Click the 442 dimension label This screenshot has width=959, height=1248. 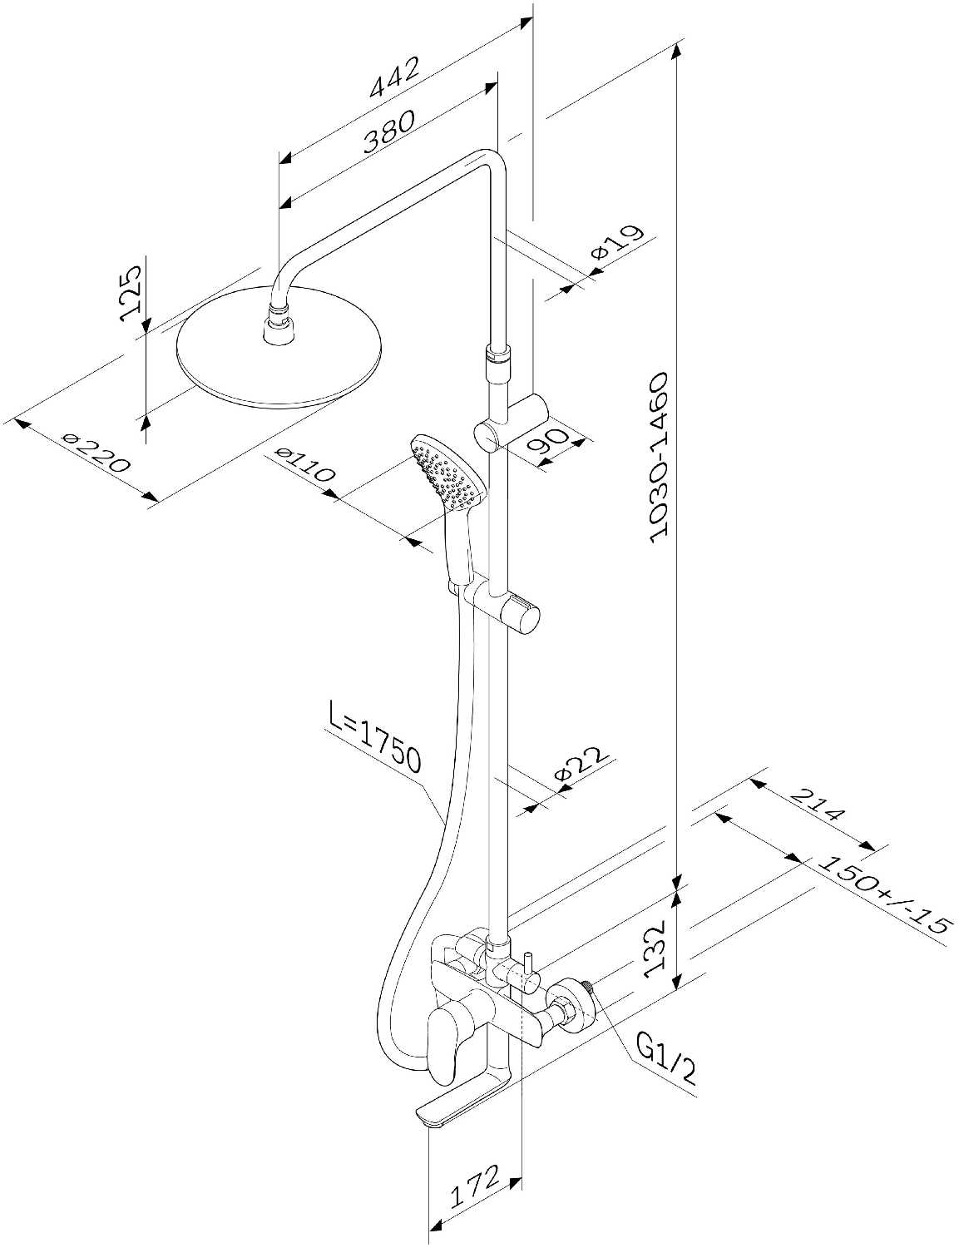coord(395,77)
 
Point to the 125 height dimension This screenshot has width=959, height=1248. coord(131,294)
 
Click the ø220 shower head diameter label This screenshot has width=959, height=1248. coord(96,453)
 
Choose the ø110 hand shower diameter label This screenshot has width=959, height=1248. coord(304,464)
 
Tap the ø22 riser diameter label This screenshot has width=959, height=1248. coord(581,764)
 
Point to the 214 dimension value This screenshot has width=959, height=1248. coord(818,805)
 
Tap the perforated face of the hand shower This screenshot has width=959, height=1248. coord(447,473)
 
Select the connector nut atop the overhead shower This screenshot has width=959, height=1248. coord(279,329)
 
